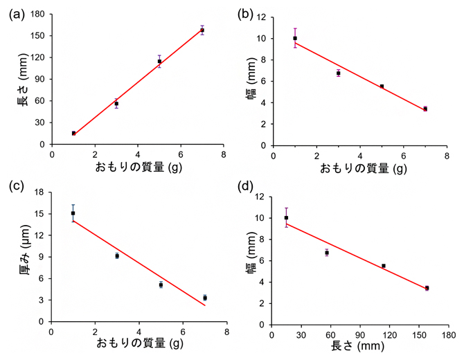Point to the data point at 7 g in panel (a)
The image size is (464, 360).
tap(202, 30)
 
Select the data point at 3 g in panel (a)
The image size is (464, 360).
tap(116, 104)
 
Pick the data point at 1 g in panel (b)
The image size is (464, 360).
tap(295, 38)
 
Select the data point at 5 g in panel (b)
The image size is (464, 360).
tap(382, 87)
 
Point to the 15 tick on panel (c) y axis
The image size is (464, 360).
tap(41, 214)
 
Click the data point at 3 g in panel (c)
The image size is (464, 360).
tap(117, 255)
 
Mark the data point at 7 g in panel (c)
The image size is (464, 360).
tap(205, 298)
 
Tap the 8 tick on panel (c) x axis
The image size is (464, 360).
tap(226, 331)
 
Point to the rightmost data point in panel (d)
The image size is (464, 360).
tap(427, 288)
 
